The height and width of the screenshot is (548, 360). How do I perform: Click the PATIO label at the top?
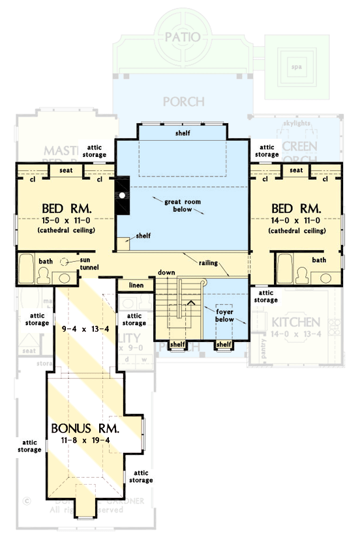[182, 36]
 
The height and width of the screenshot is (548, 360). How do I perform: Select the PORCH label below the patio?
[183, 102]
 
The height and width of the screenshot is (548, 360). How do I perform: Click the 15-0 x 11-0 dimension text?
[67, 222]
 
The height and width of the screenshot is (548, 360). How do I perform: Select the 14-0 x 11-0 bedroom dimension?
[296, 222]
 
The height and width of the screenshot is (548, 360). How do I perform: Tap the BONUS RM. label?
[85, 429]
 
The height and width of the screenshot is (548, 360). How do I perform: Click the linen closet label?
[135, 285]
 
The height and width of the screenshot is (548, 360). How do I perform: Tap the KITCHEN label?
[295, 323]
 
